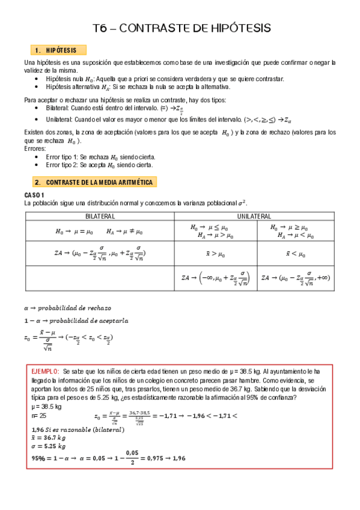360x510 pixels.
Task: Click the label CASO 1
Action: (34, 195)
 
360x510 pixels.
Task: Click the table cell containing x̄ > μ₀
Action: (212, 254)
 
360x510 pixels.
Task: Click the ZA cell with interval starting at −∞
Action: (213, 278)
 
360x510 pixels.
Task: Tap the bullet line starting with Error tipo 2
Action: (99, 164)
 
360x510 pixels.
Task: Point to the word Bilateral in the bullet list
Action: (57, 108)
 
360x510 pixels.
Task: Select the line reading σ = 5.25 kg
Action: (49, 447)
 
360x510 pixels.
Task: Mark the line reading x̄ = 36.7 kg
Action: (49, 438)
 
